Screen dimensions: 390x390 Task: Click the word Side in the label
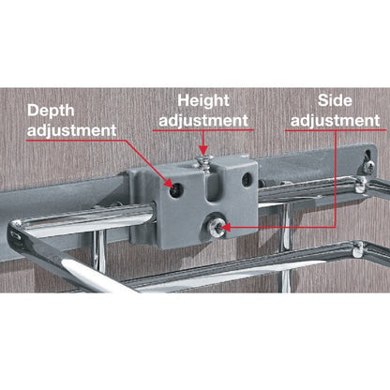pyautogui.click(x=336, y=98)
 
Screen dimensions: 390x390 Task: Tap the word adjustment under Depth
pyautogui.click(x=71, y=130)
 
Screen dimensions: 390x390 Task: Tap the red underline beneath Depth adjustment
pyautogui.click(x=71, y=141)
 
